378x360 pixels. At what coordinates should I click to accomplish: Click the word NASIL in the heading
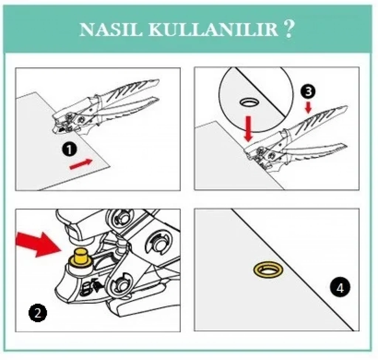point(111,30)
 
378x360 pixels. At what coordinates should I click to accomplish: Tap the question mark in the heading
point(289,29)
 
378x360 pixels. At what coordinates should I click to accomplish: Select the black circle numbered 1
point(69,149)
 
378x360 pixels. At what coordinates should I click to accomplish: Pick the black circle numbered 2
point(38,313)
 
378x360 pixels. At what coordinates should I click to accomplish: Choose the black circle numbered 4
point(340,287)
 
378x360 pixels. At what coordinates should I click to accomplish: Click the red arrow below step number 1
point(81,164)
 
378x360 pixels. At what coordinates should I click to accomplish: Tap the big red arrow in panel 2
point(38,245)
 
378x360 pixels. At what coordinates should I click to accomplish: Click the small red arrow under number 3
point(308,108)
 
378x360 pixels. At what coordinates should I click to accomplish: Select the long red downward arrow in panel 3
point(248,129)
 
